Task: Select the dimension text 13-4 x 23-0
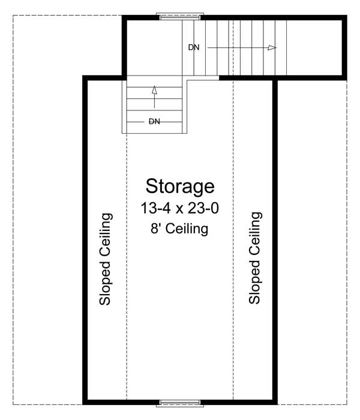(x=180, y=208)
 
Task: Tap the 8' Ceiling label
(x=180, y=229)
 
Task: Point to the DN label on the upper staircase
(x=193, y=47)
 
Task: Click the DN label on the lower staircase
(x=154, y=121)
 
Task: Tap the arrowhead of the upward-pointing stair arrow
(x=154, y=91)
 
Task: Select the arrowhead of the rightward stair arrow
(x=272, y=47)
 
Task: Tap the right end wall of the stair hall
(x=344, y=47)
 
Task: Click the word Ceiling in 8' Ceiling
(x=187, y=229)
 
